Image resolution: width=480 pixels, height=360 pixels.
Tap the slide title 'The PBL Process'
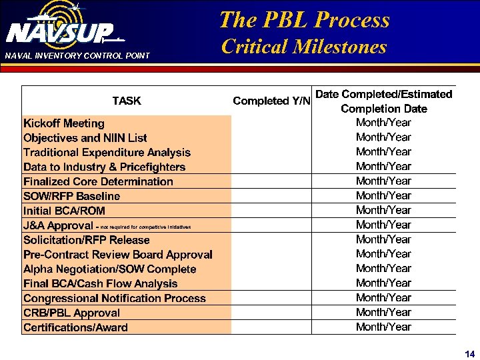(304, 20)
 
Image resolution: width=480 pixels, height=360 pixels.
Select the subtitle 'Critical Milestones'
(304, 47)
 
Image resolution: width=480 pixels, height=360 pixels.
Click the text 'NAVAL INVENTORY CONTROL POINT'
(77, 55)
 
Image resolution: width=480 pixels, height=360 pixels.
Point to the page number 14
(469, 353)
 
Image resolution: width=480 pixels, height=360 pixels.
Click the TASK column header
(127, 101)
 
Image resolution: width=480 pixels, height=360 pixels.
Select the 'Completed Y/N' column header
(271, 101)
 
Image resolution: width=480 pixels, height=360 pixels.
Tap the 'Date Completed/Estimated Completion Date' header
(383, 101)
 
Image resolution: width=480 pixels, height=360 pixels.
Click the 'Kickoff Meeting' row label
(64, 123)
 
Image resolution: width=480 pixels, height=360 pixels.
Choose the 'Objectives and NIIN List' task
(85, 138)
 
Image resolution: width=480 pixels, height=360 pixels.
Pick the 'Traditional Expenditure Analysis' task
(107, 153)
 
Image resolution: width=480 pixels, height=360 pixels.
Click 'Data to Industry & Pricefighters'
(104, 167)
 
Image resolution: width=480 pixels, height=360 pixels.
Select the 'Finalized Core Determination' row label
(98, 181)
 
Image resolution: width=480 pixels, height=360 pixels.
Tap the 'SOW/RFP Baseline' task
(72, 196)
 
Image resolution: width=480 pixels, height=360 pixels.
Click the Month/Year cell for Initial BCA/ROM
(383, 210)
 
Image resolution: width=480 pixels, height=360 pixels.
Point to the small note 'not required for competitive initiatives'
(145, 227)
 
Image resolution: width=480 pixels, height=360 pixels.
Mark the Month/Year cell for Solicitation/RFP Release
(383, 239)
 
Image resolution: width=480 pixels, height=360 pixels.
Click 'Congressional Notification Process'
(115, 298)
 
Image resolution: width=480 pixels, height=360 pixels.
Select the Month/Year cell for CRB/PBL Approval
(383, 312)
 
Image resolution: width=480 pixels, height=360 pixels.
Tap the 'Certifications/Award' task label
(75, 327)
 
